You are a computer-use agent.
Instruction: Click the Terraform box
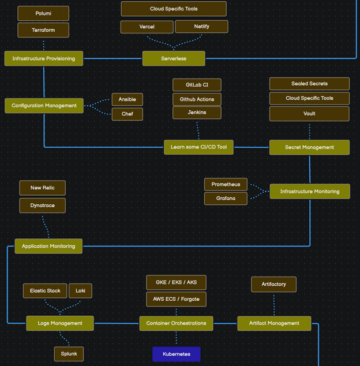pyautogui.click(x=43, y=30)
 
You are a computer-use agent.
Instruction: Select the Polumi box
pyautogui.click(x=43, y=13)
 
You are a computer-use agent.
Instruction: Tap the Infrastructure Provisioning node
pyautogui.click(x=44, y=58)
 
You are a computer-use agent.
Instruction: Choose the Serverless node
pyautogui.click(x=173, y=58)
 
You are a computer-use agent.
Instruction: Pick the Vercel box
pyautogui.click(x=147, y=27)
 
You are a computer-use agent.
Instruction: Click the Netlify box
pyautogui.click(x=201, y=27)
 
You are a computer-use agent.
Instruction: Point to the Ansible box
pyautogui.click(x=127, y=99)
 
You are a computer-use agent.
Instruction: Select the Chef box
pyautogui.click(x=127, y=114)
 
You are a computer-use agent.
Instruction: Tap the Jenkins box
pyautogui.click(x=197, y=113)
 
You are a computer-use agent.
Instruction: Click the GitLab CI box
pyautogui.click(x=197, y=85)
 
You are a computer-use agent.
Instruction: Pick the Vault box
pyautogui.click(x=309, y=114)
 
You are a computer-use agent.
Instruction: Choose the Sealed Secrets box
pyautogui.click(x=309, y=84)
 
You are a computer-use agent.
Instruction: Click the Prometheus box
pyautogui.click(x=226, y=185)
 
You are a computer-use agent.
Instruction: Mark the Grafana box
pyautogui.click(x=226, y=199)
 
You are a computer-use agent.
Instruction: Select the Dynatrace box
pyautogui.click(x=43, y=205)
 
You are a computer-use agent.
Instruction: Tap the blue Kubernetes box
pyautogui.click(x=177, y=354)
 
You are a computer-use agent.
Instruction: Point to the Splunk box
pyautogui.click(x=69, y=354)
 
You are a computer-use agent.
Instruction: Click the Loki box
pyautogui.click(x=80, y=291)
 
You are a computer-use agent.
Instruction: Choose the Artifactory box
pyautogui.click(x=273, y=284)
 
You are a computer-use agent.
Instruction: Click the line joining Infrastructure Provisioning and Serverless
pyautogui.click(x=113, y=58)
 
